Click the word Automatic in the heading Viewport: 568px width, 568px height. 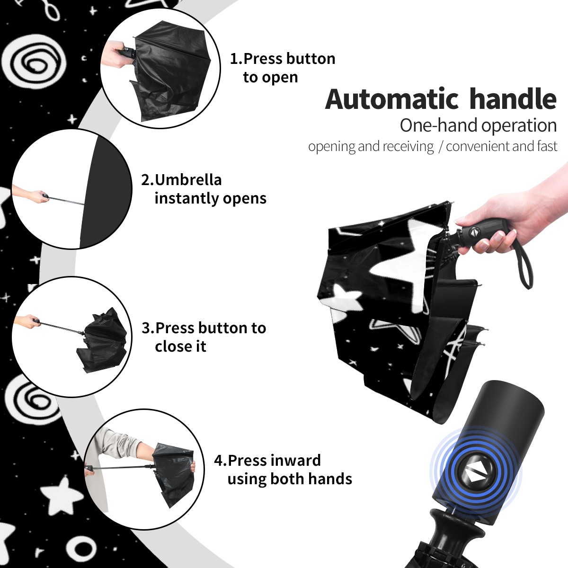click(x=392, y=99)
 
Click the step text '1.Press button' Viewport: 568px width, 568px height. click(x=283, y=59)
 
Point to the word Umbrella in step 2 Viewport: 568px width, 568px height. click(x=188, y=180)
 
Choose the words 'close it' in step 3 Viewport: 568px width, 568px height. click(x=180, y=346)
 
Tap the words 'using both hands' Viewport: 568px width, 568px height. click(x=290, y=479)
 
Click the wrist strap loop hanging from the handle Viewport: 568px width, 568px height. click(x=524, y=265)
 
